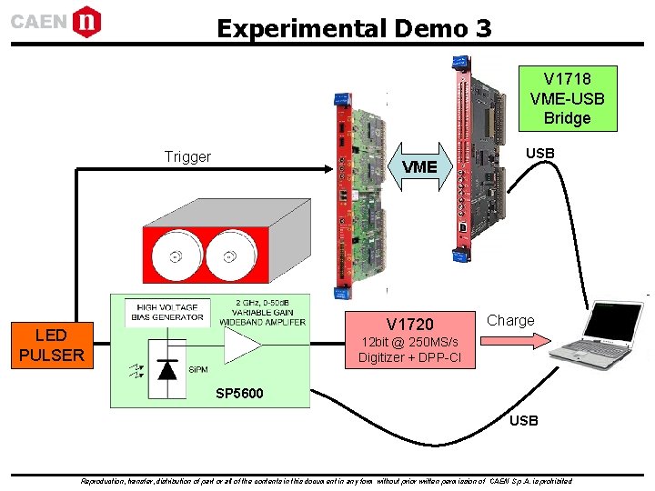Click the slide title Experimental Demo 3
pos(354,27)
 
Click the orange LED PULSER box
pos(50,346)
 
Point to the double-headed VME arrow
pos(419,166)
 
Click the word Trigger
pos(187,156)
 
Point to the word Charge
pos(510,320)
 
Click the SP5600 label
pos(239,394)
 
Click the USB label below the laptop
pos(523,420)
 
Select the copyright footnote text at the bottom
pos(327,481)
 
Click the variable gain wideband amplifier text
pos(262,312)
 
